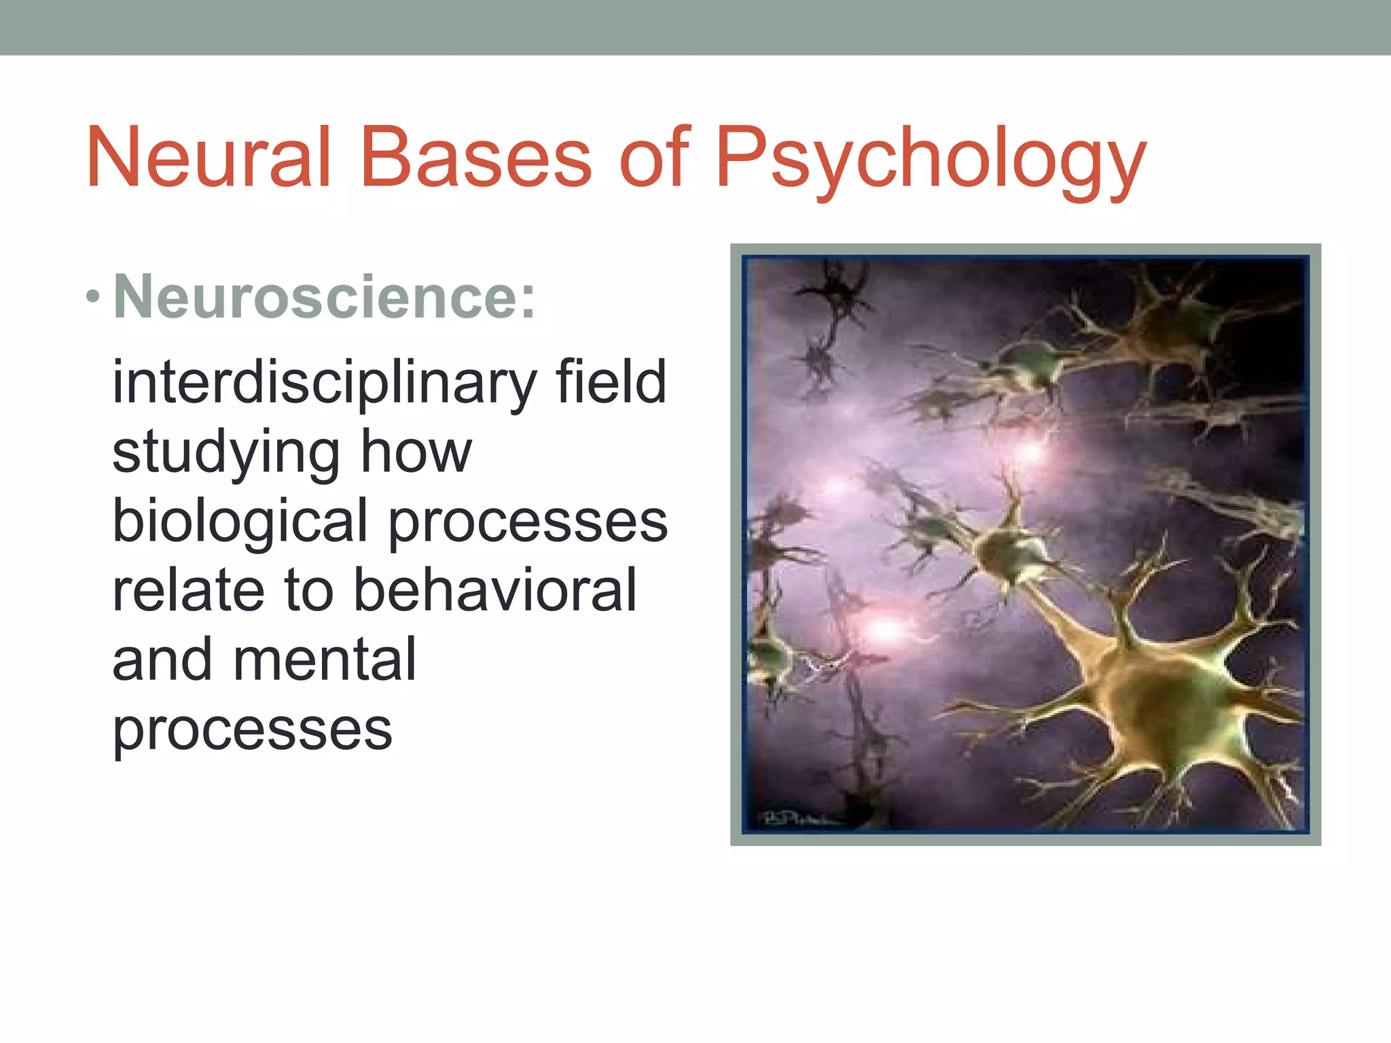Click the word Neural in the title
click(209, 158)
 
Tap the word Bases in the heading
click(476, 158)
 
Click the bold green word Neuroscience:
click(325, 297)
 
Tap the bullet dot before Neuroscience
click(93, 297)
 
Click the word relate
click(188, 591)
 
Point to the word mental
click(325, 659)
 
